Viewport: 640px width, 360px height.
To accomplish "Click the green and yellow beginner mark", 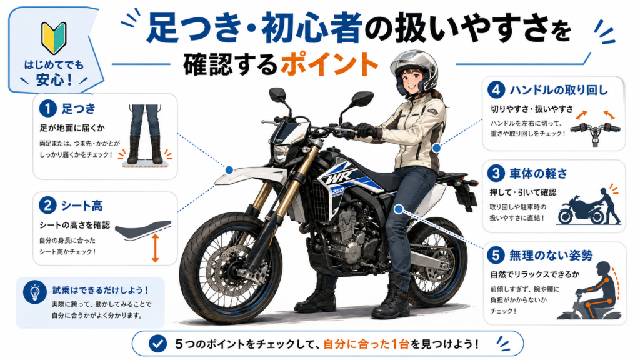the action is pos(54,38).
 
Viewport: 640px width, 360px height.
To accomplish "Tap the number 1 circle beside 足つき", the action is pos(47,109).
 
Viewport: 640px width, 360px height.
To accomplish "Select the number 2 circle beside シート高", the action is pos(47,205).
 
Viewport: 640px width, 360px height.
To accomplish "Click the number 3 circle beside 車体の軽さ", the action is pos(496,174).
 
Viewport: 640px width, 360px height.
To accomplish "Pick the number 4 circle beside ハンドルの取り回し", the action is pos(496,90).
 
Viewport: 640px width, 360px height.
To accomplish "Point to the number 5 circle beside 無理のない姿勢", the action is pos(496,256).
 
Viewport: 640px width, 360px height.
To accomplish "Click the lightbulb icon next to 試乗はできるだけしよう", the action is pos(35,292).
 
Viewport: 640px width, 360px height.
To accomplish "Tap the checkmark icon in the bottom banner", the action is pos(157,344).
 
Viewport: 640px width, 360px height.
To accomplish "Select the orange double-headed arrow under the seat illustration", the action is pos(155,248).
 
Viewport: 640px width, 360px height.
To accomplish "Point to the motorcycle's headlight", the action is pos(281,153).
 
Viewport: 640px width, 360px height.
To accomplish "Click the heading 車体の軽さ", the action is pos(538,174).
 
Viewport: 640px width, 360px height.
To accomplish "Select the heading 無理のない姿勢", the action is pos(551,256).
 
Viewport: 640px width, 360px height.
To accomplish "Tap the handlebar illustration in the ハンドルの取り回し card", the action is pos(595,131).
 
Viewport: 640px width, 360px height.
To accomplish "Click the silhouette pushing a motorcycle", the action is pos(588,207).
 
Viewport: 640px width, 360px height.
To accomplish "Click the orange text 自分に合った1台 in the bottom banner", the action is pos(366,344).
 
